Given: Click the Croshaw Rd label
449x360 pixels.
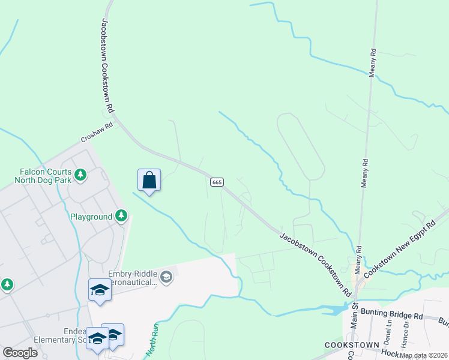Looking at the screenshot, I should coord(97,133).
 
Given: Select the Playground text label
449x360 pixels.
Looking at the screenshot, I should coord(91,216).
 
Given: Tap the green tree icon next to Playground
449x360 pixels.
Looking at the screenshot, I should coord(121,215).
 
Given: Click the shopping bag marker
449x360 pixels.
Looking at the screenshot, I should coord(149,180).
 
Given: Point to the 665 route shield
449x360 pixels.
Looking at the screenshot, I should coord(217,182).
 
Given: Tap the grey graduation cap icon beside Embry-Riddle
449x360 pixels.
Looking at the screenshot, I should coord(166,277).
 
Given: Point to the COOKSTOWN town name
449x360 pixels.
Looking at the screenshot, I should coord(352,345).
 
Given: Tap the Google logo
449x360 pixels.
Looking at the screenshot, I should coord(20,353).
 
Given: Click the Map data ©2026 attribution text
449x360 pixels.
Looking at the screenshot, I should coord(423,355).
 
